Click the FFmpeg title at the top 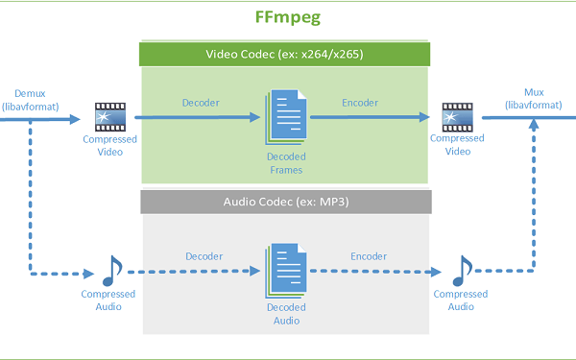[287, 17]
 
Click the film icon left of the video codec [108, 117]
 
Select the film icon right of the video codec [456, 117]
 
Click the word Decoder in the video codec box [203, 103]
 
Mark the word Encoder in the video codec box [360, 103]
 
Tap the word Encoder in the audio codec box [368, 256]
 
